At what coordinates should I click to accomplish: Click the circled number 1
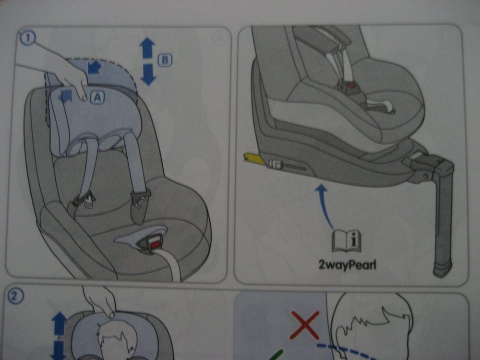tap(28, 38)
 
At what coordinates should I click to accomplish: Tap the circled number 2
tap(15, 296)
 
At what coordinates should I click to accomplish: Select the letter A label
tap(97, 97)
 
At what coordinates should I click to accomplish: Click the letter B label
tap(165, 60)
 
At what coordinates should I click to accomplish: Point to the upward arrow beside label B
tap(147, 48)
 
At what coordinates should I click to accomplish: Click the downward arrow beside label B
tap(148, 74)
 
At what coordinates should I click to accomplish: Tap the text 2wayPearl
tap(347, 264)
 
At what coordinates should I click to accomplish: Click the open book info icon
tap(347, 241)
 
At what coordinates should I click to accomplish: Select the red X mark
tap(305, 325)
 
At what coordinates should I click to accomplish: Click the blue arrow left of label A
tap(66, 96)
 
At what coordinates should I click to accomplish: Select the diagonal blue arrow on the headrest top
tap(94, 68)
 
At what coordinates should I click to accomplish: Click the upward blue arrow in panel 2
tap(60, 324)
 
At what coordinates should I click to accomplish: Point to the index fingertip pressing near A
tap(84, 98)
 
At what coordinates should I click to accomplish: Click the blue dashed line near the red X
tap(348, 352)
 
